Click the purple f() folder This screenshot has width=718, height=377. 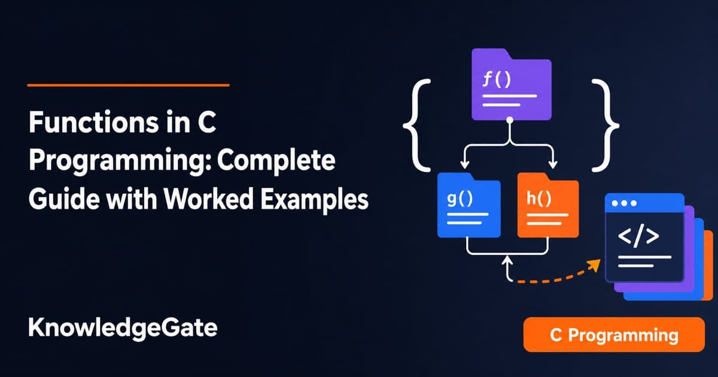coord(512,84)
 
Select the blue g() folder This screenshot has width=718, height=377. coord(469,205)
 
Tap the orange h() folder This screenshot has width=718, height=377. coord(548,205)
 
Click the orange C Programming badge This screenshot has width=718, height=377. coord(614,335)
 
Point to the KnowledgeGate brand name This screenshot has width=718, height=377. coord(123,329)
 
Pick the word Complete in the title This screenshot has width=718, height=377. coord(276,161)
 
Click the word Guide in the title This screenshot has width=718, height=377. coord(63,199)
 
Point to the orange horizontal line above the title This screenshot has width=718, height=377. coord(128,85)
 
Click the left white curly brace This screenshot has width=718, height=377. coord(416,126)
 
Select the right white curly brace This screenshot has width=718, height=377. coord(606,126)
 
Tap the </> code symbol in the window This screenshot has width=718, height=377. coord(638,236)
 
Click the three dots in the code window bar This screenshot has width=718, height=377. coord(624,203)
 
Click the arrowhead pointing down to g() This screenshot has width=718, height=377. coord(465,165)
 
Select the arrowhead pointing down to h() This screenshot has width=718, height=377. coord(553,165)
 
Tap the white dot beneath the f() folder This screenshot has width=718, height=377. coord(510,120)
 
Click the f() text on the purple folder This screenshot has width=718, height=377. coord(497,80)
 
